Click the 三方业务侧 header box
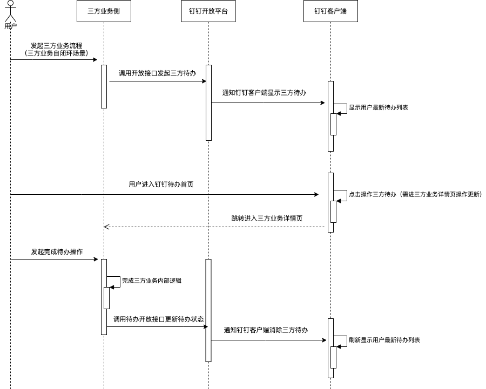point(104,11)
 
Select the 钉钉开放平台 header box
point(208,11)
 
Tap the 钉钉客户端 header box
point(330,11)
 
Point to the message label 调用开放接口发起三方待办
point(157,73)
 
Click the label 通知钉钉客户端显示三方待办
point(264,93)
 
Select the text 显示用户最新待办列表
point(378,108)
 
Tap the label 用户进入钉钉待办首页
point(161,185)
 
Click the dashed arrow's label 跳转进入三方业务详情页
point(267,219)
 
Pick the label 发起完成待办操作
point(57,251)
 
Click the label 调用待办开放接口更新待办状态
point(158,319)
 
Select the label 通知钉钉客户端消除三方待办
point(266,330)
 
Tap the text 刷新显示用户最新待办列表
point(384,340)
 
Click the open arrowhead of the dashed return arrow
point(106,227)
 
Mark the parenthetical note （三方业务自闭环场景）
point(56,53)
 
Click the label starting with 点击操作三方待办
point(415,194)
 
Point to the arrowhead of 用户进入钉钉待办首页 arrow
point(317,194)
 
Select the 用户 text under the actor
point(10,25)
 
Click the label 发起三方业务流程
point(56,46)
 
